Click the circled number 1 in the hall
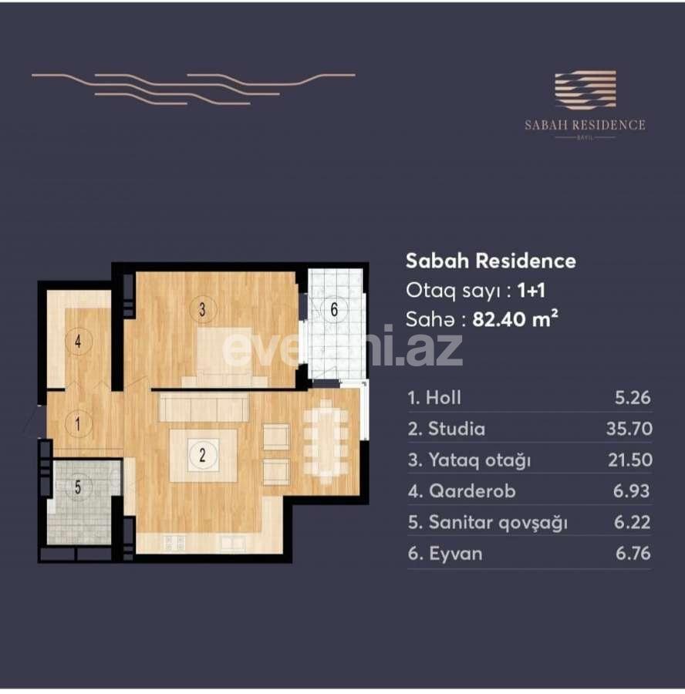(x=78, y=423)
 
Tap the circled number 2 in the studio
(x=202, y=454)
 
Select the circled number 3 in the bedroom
(x=202, y=310)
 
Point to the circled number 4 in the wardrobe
(x=78, y=342)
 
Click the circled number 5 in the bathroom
(x=78, y=487)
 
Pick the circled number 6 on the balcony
(x=334, y=310)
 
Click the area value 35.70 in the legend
(x=628, y=429)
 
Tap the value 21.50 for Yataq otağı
(x=628, y=460)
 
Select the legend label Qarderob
(x=461, y=491)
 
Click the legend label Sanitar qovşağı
(x=488, y=523)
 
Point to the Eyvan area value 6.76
(x=632, y=554)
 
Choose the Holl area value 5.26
(x=632, y=398)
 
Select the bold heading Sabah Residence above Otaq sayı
(x=491, y=261)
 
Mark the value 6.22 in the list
(x=632, y=523)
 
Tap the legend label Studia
(x=447, y=429)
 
